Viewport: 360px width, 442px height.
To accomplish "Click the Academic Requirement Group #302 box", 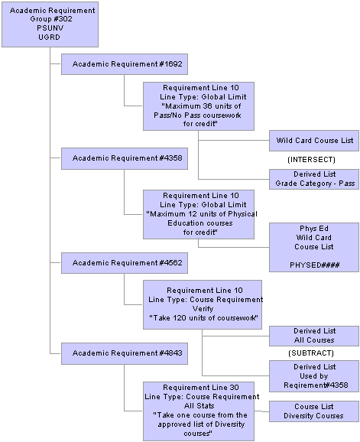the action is pos(50,24).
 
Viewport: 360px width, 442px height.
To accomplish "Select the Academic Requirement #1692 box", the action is pos(125,64).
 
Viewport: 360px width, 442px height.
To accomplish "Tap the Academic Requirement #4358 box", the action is pos(125,158).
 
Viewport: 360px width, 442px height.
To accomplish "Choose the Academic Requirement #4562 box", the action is pos(125,263).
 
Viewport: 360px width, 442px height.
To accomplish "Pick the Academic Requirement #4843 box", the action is pos(125,353).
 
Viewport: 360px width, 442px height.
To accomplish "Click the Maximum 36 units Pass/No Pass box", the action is pos(199,106).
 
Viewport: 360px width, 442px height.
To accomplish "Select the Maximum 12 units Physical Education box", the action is pos(199,214).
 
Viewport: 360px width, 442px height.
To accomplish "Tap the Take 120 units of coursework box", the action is pos(203,304).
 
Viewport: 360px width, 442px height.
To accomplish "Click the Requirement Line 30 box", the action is pos(199,411).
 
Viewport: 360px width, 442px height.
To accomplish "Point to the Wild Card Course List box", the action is pos(314,141).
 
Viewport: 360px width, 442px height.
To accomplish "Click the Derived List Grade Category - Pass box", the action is pos(314,179).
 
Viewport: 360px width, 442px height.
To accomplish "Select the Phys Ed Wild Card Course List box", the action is pos(314,247).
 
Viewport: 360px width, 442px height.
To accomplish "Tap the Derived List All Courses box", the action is pos(314,336).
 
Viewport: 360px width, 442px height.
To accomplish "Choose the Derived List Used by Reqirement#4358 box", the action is pos(314,376).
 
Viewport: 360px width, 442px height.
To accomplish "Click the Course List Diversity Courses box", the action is pos(314,411).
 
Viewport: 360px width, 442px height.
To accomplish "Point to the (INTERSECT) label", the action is pos(311,160).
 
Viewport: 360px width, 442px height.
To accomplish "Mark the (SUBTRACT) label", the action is pos(311,353).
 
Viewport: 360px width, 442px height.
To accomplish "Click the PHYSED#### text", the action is pos(315,265).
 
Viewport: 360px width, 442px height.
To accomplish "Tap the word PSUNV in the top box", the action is pos(50,28).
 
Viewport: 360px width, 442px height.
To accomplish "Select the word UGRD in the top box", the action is pos(49,37).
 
